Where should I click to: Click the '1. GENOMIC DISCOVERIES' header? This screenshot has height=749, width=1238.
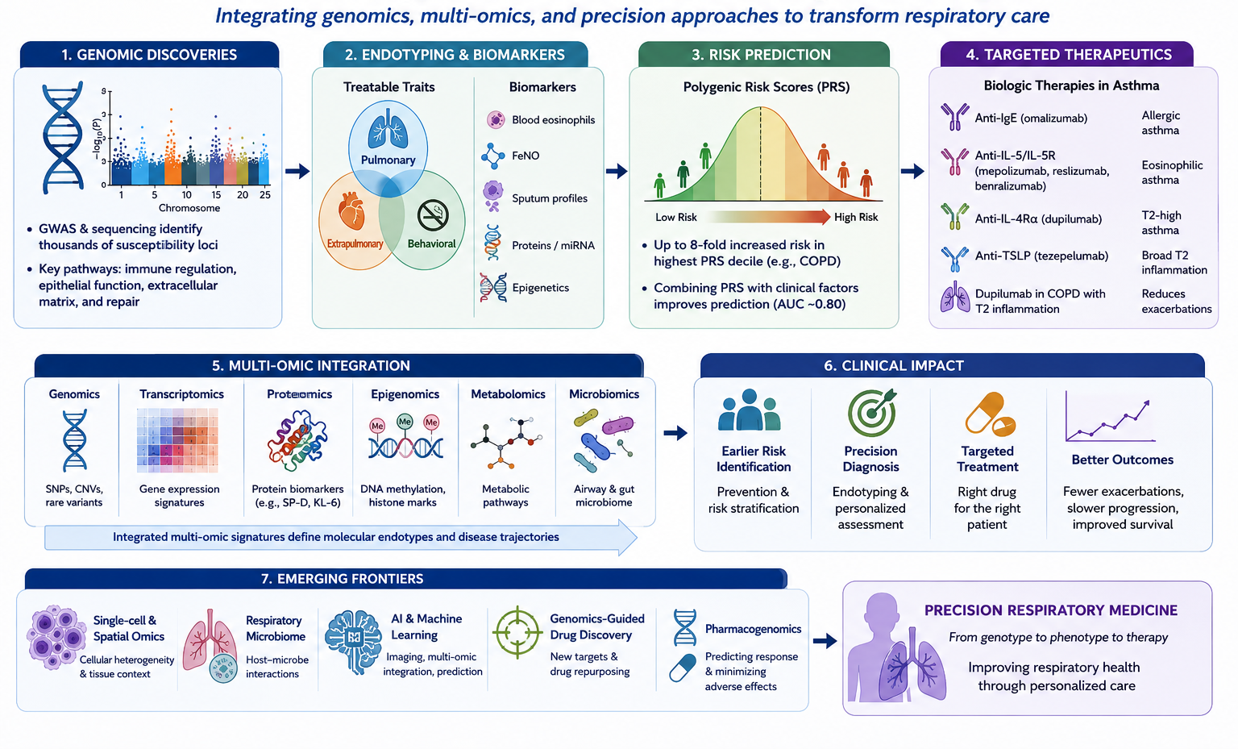(149, 55)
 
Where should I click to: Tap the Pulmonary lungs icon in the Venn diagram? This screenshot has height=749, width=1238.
(388, 130)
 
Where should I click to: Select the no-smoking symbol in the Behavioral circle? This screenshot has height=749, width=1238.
(433, 215)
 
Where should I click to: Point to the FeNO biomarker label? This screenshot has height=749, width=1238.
(525, 156)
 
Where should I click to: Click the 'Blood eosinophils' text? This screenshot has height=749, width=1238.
(553, 120)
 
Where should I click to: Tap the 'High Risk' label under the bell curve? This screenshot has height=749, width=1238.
(856, 217)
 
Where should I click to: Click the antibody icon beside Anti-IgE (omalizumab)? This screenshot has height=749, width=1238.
(954, 117)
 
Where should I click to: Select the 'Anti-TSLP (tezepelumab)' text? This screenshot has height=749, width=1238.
(1041, 256)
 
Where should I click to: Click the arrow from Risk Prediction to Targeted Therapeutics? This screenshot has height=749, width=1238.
(912, 172)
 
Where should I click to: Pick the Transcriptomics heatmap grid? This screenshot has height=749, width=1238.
(177, 440)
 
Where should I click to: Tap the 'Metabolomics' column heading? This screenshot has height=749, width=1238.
(508, 394)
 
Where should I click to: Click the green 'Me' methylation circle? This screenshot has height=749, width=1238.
(405, 422)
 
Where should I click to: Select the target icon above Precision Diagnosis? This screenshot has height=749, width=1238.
(871, 412)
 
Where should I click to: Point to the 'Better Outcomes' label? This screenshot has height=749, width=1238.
(1122, 460)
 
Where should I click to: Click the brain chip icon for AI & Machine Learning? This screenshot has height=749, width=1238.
(353, 642)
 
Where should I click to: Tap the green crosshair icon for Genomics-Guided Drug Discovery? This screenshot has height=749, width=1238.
(517, 632)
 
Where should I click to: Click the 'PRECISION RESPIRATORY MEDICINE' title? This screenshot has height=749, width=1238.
(1051, 610)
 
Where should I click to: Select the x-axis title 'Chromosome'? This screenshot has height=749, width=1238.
(189, 208)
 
